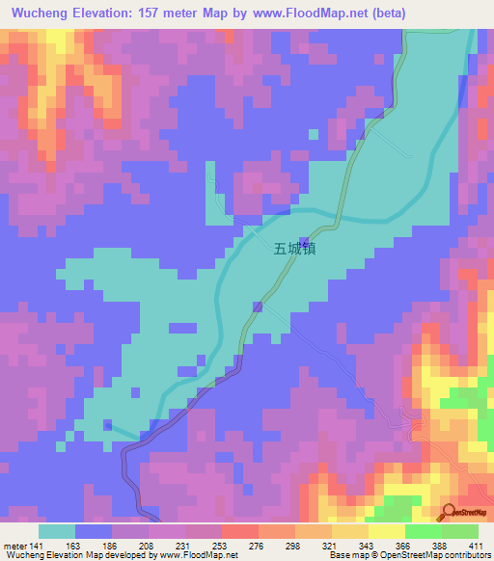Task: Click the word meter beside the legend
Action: click(14, 547)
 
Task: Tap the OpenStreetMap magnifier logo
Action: click(447, 511)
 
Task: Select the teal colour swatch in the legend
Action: click(57, 531)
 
